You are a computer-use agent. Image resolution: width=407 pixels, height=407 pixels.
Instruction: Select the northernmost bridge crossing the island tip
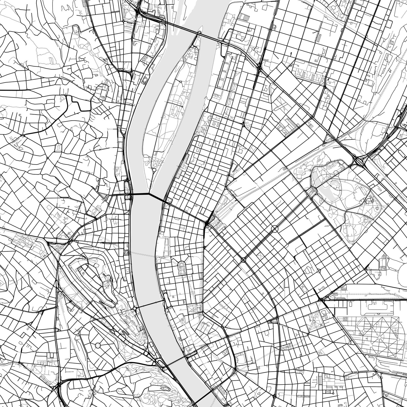point(199,33)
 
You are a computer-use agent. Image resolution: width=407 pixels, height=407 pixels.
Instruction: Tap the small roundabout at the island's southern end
point(154,170)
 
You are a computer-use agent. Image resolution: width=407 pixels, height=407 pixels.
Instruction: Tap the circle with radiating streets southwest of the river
point(98,345)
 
